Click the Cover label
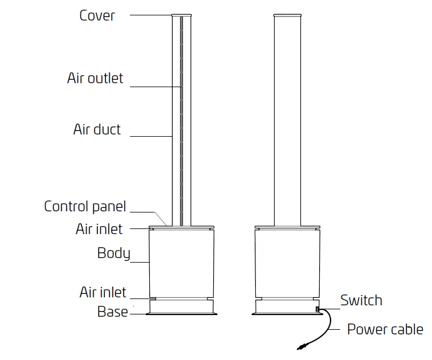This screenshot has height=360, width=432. pos(97,15)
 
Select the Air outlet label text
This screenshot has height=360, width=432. pos(95,78)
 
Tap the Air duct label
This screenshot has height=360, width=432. pos(97,129)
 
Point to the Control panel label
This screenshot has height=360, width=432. pos(85,206)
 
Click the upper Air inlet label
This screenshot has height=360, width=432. pos(99,229)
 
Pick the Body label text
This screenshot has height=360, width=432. pos(113,253)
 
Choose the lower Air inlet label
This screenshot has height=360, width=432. pos(103,293)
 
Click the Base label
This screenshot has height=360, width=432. pos(112,312)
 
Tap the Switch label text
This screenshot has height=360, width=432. pos(361,300)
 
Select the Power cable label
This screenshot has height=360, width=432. pos(385,329)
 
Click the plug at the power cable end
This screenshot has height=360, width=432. pos(300,345)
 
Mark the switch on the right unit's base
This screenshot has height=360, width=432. pos(317,309)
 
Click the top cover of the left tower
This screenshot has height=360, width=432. pos(182,15)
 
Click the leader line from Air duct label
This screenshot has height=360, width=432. pos(151,137)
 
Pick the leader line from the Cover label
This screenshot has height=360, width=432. pos(151,15)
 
